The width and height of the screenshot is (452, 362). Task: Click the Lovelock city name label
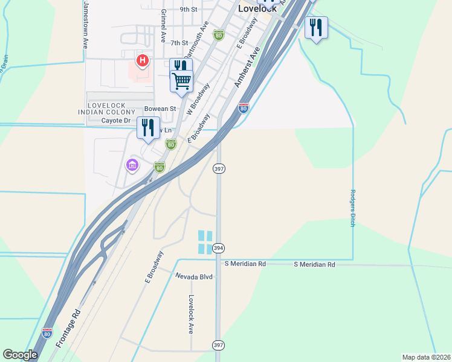click(x=257, y=9)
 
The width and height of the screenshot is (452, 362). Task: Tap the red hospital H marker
click(x=143, y=60)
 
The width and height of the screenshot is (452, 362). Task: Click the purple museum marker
click(x=132, y=164)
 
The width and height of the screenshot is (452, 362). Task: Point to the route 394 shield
click(x=219, y=249)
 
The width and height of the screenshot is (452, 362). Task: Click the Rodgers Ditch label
click(x=352, y=209)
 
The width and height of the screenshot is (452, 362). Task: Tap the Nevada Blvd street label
click(x=195, y=276)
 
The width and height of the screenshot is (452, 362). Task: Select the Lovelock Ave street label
click(x=191, y=314)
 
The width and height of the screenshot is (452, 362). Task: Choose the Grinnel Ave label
click(x=163, y=25)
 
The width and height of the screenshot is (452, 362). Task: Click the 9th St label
click(x=189, y=10)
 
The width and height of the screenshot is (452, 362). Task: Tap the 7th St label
click(x=179, y=43)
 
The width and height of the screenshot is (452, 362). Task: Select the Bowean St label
click(x=160, y=109)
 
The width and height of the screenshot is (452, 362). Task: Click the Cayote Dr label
click(x=115, y=121)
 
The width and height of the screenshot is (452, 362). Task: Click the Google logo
click(x=20, y=355)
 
